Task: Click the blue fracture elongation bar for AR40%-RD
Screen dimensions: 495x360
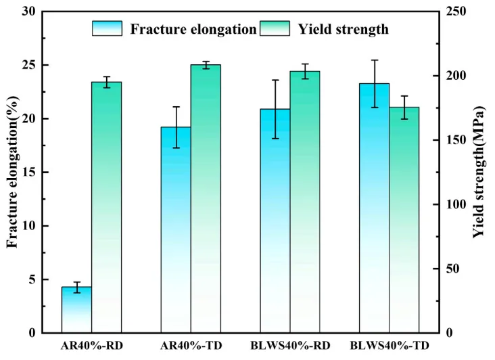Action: pyautogui.click(x=76, y=310)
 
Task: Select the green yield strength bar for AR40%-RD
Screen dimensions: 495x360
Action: pyautogui.click(x=107, y=208)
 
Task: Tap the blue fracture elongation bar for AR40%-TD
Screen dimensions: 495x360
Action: pyautogui.click(x=176, y=230)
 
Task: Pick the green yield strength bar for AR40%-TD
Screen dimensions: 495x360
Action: pyautogui.click(x=206, y=199)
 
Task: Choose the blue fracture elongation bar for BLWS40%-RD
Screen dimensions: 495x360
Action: pyautogui.click(x=275, y=221)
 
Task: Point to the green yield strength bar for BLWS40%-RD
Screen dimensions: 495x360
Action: pyautogui.click(x=305, y=202)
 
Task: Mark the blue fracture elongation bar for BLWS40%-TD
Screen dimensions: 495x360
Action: pyautogui.click(x=375, y=208)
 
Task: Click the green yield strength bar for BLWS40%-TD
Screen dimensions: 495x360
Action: pyautogui.click(x=404, y=220)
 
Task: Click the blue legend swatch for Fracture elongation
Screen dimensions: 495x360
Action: pyautogui.click(x=107, y=28)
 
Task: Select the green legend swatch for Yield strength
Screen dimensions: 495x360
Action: pyautogui.click(x=275, y=28)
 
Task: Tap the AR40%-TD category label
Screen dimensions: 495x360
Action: pyautogui.click(x=191, y=346)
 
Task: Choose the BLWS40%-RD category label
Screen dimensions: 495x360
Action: pyautogui.click(x=290, y=346)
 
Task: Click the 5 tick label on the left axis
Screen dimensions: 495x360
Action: pyautogui.click(x=32, y=279)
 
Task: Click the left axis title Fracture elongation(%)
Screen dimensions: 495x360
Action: pyautogui.click(x=13, y=172)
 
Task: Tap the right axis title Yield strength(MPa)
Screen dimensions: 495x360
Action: pyautogui.click(x=479, y=172)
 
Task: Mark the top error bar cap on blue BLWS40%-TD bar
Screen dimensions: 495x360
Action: pyautogui.click(x=375, y=60)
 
